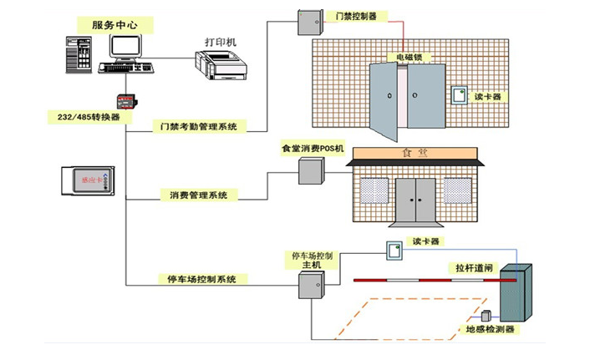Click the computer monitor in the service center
(x=121, y=51)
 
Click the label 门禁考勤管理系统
(x=198, y=127)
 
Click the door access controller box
(x=309, y=21)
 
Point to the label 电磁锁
(x=409, y=58)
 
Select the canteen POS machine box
(x=310, y=170)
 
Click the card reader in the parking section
(x=393, y=249)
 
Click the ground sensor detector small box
(x=486, y=316)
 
